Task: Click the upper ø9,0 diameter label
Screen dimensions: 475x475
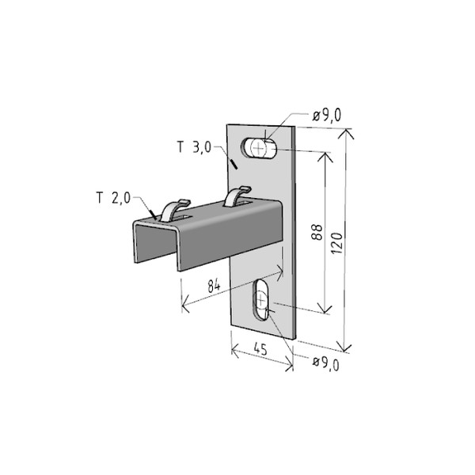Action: [326, 115]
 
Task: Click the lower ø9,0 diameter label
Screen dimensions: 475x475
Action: [325, 363]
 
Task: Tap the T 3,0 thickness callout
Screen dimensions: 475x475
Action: [194, 147]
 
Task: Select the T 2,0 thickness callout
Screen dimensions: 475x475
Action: [113, 198]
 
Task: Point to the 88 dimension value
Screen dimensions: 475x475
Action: [317, 232]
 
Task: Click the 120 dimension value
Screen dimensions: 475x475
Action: [337, 243]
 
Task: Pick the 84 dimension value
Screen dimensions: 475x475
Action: [215, 285]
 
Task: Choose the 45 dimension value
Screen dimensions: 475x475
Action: [260, 349]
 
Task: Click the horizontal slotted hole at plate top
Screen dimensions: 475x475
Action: [259, 148]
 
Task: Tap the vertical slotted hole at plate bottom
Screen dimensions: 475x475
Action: [260, 299]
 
